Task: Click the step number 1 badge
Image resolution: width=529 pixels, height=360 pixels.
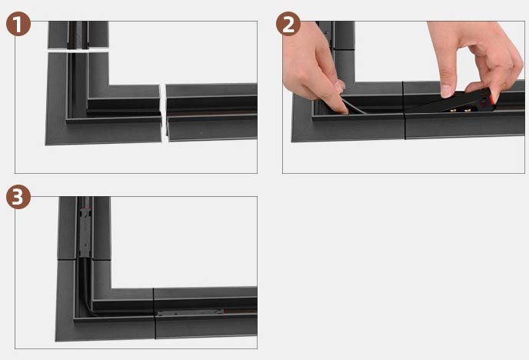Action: (18, 24)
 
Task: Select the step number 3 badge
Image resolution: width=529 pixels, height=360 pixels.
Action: (18, 198)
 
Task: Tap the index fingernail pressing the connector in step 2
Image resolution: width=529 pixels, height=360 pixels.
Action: (447, 90)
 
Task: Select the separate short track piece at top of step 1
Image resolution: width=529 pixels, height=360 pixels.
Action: (78, 35)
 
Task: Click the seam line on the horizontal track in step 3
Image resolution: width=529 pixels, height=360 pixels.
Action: (155, 314)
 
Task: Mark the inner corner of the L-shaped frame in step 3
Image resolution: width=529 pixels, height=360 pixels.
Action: (111, 288)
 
